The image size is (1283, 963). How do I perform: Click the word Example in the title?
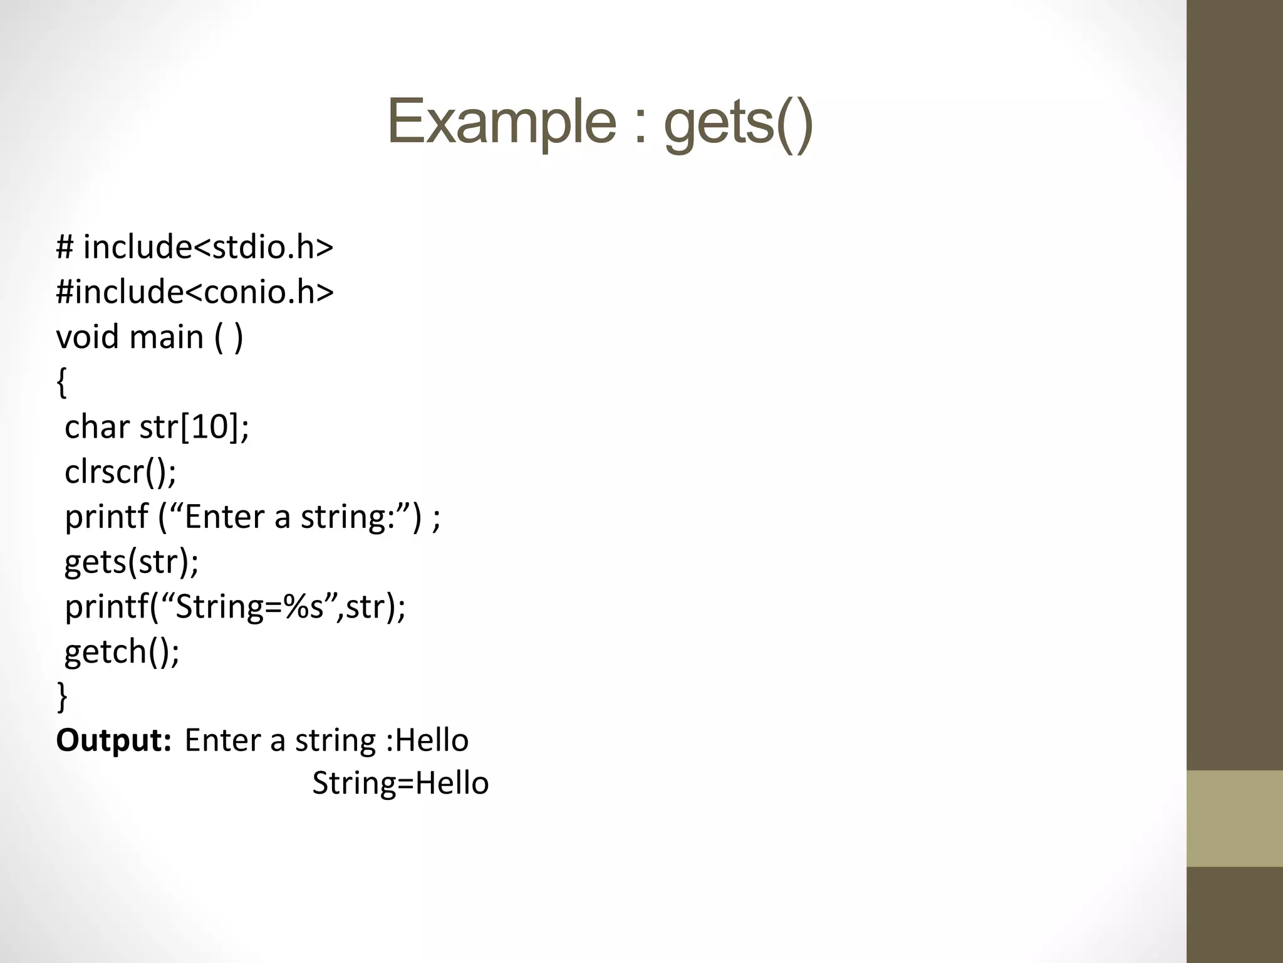(x=502, y=122)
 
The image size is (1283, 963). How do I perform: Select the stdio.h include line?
(x=194, y=246)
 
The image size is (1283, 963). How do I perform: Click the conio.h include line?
(x=194, y=292)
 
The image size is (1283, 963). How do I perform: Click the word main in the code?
(x=166, y=337)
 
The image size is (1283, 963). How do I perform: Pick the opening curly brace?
(x=61, y=382)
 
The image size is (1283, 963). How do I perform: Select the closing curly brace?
(x=61, y=695)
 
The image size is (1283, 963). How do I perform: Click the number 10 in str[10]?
(x=212, y=427)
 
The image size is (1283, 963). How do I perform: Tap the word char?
(x=96, y=427)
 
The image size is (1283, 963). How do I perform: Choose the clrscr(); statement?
(x=120, y=471)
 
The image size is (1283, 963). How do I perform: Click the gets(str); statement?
(x=132, y=561)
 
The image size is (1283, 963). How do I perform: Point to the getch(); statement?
(x=122, y=651)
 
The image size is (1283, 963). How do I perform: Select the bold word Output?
(x=113, y=740)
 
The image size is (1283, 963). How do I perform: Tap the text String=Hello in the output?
(x=400, y=783)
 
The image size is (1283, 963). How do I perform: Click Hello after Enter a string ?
(x=432, y=740)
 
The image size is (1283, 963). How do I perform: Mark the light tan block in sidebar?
(x=1234, y=818)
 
